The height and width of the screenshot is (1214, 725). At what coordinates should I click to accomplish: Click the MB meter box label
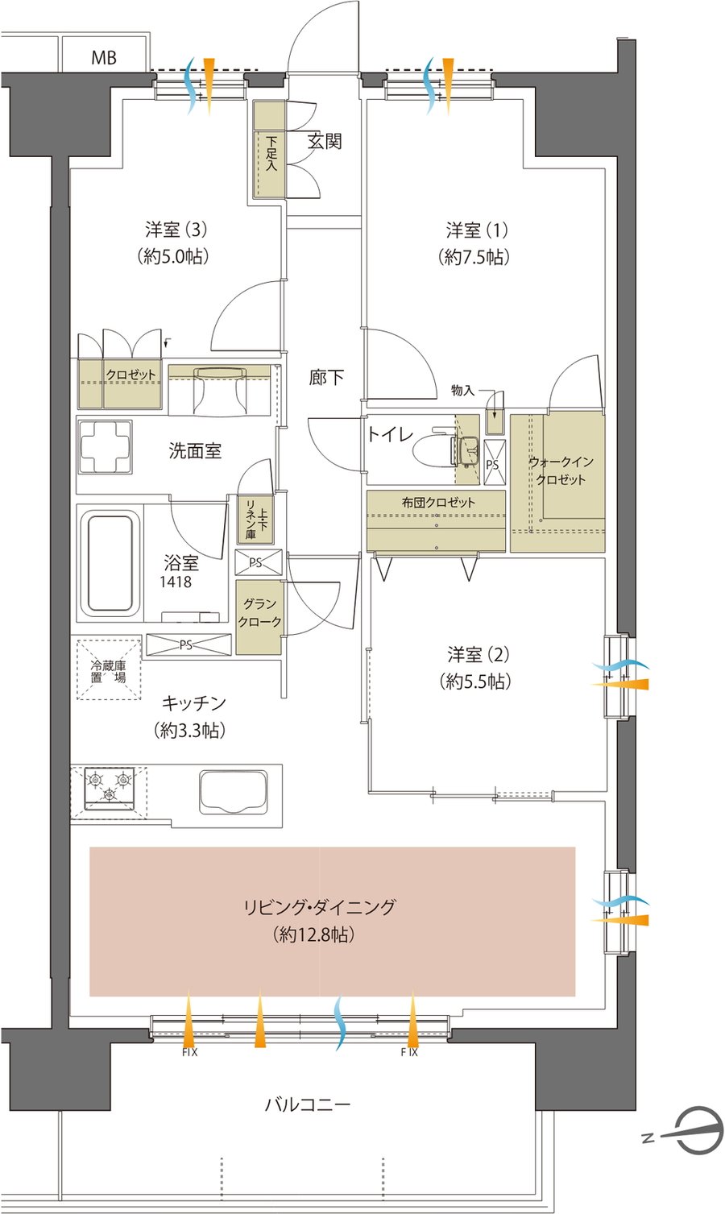[103, 57]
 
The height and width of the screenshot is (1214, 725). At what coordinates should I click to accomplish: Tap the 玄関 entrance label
[325, 142]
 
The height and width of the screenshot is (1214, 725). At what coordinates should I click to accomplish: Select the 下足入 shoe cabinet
[269, 149]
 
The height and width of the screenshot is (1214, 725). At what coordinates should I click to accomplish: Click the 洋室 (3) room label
[176, 230]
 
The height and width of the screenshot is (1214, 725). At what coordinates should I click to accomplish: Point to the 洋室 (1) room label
[477, 230]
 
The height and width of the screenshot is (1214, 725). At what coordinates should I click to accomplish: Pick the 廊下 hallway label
[326, 377]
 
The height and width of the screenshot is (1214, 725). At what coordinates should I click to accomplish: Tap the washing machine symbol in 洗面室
[105, 447]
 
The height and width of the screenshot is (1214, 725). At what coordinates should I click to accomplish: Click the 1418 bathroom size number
[176, 582]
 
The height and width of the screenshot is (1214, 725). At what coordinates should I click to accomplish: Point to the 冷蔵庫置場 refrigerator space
[109, 670]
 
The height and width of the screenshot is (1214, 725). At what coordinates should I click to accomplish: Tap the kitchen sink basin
[234, 792]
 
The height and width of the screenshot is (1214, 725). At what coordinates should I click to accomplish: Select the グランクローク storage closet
[259, 617]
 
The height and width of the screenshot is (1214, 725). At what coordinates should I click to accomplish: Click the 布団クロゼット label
[437, 503]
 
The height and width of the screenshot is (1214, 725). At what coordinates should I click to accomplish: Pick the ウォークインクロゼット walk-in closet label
[561, 470]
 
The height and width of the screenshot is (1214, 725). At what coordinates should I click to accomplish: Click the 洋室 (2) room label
[478, 655]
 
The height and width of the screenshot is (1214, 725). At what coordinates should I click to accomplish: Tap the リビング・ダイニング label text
[321, 907]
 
